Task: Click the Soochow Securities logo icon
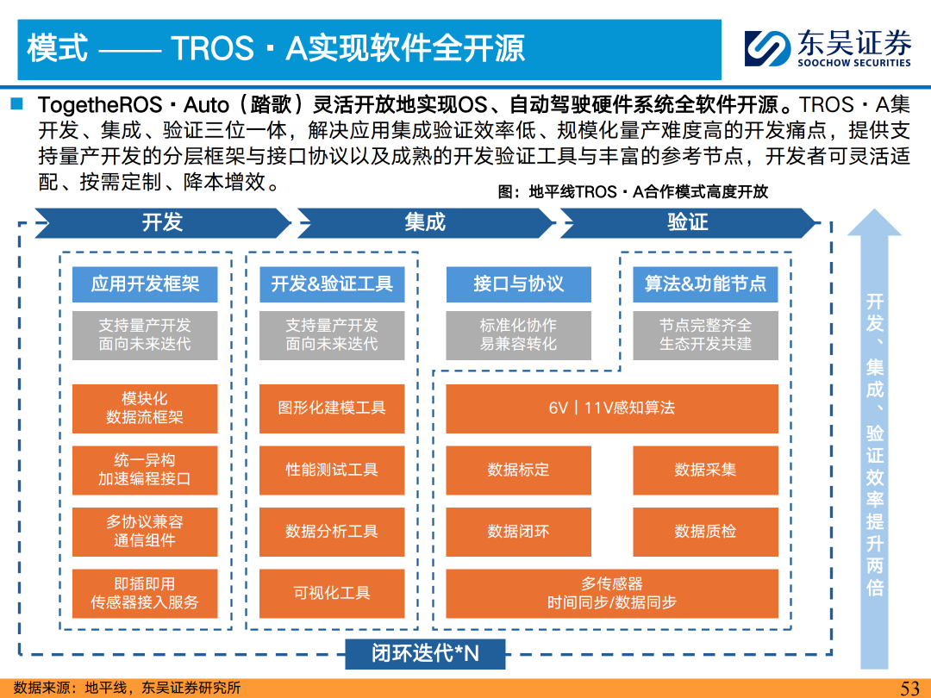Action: [767, 48]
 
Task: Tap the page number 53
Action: [909, 688]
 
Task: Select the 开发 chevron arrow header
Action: [163, 222]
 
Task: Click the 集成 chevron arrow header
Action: [425, 222]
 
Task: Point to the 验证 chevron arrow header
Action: [688, 222]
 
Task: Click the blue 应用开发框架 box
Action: [145, 284]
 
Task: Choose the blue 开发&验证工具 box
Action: [332, 284]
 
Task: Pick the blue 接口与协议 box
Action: [518, 284]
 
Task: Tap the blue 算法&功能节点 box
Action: [705, 284]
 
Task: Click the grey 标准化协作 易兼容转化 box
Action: [518, 335]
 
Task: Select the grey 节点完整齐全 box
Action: [705, 335]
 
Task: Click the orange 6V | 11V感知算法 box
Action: [612, 408]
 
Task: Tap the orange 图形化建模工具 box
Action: [332, 408]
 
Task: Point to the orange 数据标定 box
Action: [518, 471]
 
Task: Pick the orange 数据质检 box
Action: [705, 532]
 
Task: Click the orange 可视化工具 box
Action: [332, 594]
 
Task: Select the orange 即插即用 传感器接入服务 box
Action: [145, 594]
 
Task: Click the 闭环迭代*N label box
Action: [425, 653]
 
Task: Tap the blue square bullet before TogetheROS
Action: [16, 104]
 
